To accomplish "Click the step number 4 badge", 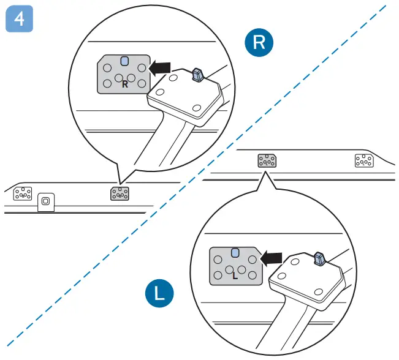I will point(19,19).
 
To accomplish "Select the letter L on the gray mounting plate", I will point(235,276).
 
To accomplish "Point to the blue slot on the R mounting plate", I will point(124,61).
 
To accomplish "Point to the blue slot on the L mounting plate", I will point(235,252).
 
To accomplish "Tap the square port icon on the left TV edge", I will point(44,201).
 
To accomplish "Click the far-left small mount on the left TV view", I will point(23,193).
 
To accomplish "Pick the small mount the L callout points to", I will point(267,160).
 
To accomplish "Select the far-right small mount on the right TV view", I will point(364,160).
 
